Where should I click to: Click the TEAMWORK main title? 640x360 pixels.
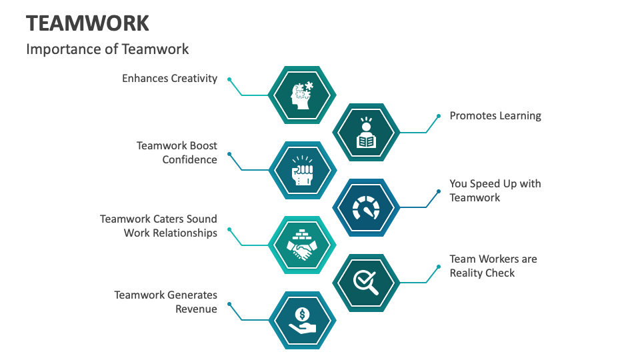click(x=87, y=23)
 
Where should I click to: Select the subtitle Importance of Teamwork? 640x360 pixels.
click(x=107, y=49)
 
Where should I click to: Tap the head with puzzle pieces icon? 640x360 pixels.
click(x=302, y=95)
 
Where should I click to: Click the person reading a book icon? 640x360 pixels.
click(x=366, y=133)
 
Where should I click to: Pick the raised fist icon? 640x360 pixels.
click(x=302, y=171)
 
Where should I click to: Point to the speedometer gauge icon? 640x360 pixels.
click(x=366, y=208)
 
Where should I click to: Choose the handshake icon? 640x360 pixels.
click(x=302, y=245)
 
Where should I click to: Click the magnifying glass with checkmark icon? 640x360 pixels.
click(x=366, y=283)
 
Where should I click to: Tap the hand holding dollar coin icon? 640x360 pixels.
click(x=302, y=321)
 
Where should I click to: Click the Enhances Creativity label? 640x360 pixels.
click(x=169, y=79)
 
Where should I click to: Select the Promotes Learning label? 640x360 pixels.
click(x=495, y=116)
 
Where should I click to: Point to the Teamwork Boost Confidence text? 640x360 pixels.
click(x=177, y=153)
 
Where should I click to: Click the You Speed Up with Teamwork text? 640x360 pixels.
click(x=495, y=191)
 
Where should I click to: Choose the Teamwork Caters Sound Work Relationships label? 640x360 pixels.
click(x=159, y=226)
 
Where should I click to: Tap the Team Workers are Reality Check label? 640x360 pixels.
click(x=493, y=266)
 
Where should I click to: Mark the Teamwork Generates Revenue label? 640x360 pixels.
click(x=165, y=302)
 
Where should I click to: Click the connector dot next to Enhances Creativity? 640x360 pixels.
click(x=229, y=79)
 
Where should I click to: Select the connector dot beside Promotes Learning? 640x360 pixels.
click(x=439, y=116)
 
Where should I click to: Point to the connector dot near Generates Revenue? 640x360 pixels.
click(x=229, y=304)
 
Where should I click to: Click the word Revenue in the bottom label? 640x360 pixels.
click(x=196, y=309)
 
